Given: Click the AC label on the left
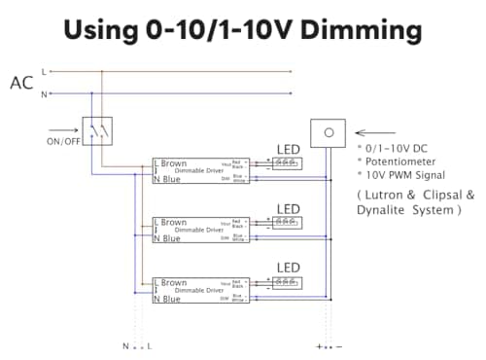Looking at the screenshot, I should point(21,83).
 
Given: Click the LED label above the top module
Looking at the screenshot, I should point(288,149).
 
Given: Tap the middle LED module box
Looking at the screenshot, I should point(287,223).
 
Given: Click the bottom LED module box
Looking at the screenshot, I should point(287,282).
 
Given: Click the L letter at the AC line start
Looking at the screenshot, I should point(43,71).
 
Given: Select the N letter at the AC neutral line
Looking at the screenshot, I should point(43,93).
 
